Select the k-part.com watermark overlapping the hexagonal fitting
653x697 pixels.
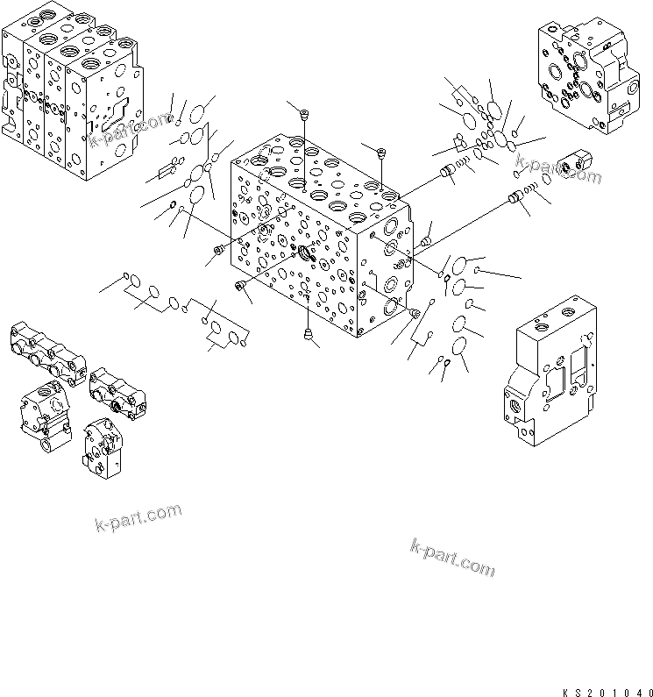[x=558, y=168]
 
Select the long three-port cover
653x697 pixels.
[x=48, y=354]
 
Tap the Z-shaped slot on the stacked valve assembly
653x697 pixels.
[x=115, y=110]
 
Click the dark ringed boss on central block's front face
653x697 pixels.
[x=306, y=254]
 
